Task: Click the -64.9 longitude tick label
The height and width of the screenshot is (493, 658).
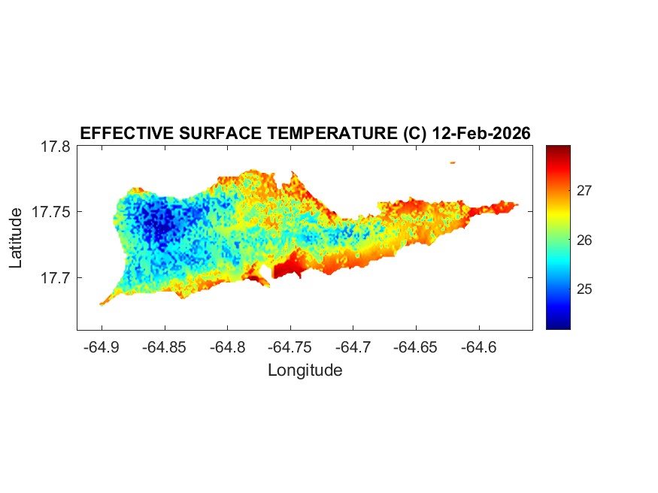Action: pos(102,348)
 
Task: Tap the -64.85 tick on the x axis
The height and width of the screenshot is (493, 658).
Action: pos(165,348)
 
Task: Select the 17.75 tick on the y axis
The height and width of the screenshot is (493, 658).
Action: pos(51,212)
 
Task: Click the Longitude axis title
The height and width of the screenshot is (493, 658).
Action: pos(305,370)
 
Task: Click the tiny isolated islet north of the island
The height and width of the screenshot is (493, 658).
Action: pos(453,162)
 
